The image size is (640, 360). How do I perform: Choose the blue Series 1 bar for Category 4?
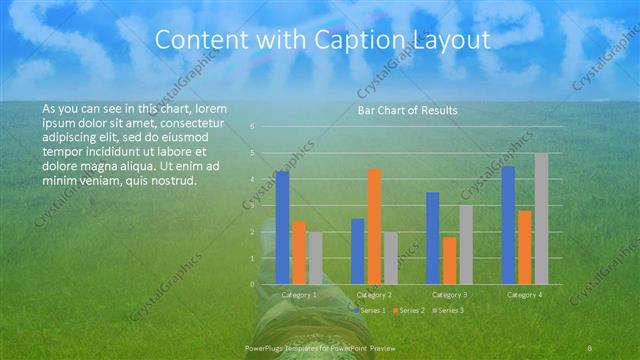pos(508,225)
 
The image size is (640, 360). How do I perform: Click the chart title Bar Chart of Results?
pos(407,111)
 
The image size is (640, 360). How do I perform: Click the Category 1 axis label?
pos(299,295)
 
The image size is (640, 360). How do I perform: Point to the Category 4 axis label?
pos(524,295)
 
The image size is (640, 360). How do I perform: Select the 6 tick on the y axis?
pos(253,127)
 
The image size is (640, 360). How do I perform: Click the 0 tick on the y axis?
pos(253,284)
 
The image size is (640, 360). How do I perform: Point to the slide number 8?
pos(591,347)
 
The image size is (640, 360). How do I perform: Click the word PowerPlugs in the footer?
pos(266,347)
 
